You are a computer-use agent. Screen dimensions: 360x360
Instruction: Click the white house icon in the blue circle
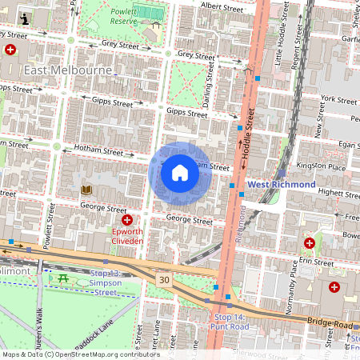180,173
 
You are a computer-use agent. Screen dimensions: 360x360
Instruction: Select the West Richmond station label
281,184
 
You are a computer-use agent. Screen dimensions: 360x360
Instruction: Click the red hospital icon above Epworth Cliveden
126,219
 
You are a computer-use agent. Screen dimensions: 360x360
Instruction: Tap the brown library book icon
86,190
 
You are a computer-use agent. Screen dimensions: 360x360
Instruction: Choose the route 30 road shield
164,279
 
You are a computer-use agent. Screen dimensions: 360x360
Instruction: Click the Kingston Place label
326,168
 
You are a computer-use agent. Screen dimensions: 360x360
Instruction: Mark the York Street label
338,99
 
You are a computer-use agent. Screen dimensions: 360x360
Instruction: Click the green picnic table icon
62,278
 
